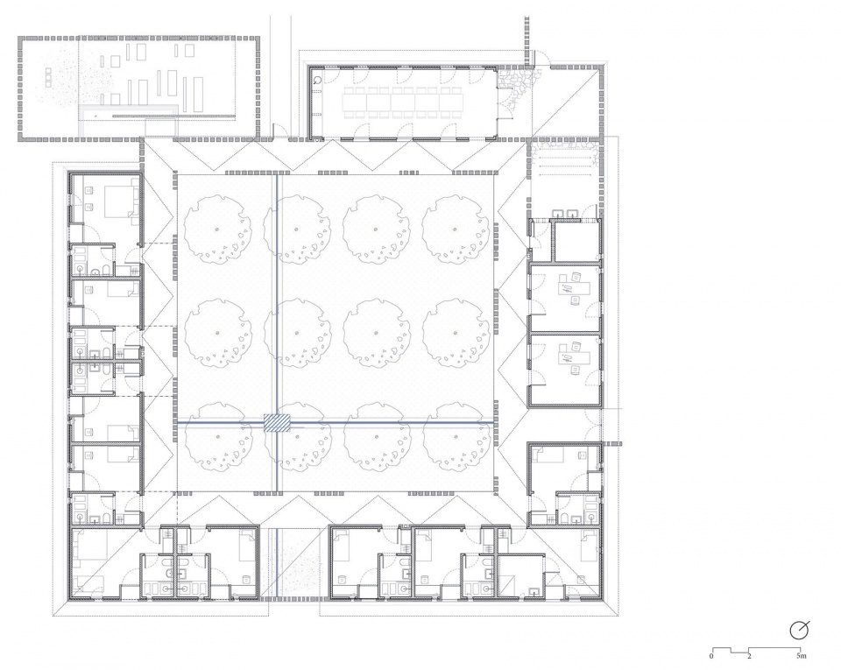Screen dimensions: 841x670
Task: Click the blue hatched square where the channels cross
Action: pyautogui.click(x=277, y=423)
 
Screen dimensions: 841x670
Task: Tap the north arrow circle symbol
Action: pyautogui.click(x=799, y=631)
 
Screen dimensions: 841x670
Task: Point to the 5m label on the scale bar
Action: pyautogui.click(x=801, y=655)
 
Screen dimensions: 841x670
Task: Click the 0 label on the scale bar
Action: pyautogui.click(x=711, y=655)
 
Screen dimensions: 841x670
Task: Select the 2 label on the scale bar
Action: pyautogui.click(x=749, y=655)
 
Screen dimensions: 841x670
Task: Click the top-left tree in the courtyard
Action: pyautogui.click(x=217, y=229)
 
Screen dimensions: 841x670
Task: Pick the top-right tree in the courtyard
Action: pyautogui.click(x=456, y=229)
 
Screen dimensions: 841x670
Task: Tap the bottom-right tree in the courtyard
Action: pyautogui.click(x=456, y=437)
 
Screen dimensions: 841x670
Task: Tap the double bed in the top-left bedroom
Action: pyautogui.click(x=119, y=201)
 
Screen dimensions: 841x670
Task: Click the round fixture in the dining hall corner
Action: pyautogui.click(x=317, y=81)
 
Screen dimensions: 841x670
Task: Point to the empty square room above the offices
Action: pyautogui.click(x=577, y=240)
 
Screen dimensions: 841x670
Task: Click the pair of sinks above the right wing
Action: pyautogui.click(x=567, y=213)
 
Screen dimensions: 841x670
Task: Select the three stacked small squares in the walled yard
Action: pyautogui.click(x=48, y=77)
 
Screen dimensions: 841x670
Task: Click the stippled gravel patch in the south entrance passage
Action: pyautogui.click(x=297, y=564)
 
